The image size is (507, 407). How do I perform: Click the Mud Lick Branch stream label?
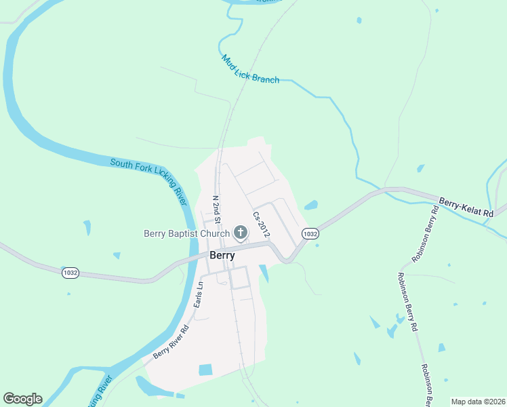[x=250, y=69]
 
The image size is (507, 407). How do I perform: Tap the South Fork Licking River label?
[x=148, y=173]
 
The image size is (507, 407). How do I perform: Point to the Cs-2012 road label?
[x=262, y=225]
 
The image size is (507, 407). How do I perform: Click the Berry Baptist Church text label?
[x=186, y=234]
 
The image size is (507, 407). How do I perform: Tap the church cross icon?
[x=240, y=233]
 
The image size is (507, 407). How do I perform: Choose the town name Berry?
[x=222, y=256]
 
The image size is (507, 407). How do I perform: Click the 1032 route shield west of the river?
[x=70, y=272]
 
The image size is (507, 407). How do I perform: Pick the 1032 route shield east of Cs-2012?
[x=310, y=233]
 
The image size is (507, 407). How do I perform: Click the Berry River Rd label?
[x=170, y=342]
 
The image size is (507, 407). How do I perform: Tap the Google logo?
[x=22, y=399]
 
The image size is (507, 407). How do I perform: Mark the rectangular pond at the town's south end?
[x=205, y=370]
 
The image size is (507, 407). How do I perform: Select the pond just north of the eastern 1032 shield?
[x=311, y=205]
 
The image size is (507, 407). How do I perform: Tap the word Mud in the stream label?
[x=228, y=60]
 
